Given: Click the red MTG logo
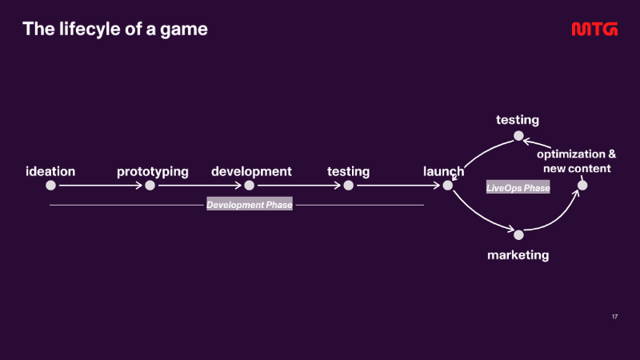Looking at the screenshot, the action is pos(594,29).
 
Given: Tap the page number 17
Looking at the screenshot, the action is pos(614,317).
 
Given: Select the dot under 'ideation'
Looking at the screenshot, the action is pos(50,186).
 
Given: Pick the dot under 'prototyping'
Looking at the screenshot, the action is pos(150,186).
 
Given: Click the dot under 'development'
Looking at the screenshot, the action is pos(249,186).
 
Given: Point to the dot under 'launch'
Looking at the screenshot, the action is pos(448,186).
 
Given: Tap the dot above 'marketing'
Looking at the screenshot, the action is pos(518,234).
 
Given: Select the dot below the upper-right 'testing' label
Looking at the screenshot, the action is pos(518,135).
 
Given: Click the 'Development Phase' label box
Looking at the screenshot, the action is pos(250,205).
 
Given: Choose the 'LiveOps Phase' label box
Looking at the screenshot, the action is pos(518,188).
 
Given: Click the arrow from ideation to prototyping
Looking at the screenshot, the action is pos(101,186).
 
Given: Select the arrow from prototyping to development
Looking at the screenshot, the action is pos(199,186).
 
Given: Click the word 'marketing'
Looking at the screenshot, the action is pos(518,255).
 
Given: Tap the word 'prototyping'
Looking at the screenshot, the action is pos(153,172).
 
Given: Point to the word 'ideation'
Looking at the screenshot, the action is pos(50,171).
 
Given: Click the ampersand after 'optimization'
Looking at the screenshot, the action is pos(612,154).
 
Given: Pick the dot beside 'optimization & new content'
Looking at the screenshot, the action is pos(582,186).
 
